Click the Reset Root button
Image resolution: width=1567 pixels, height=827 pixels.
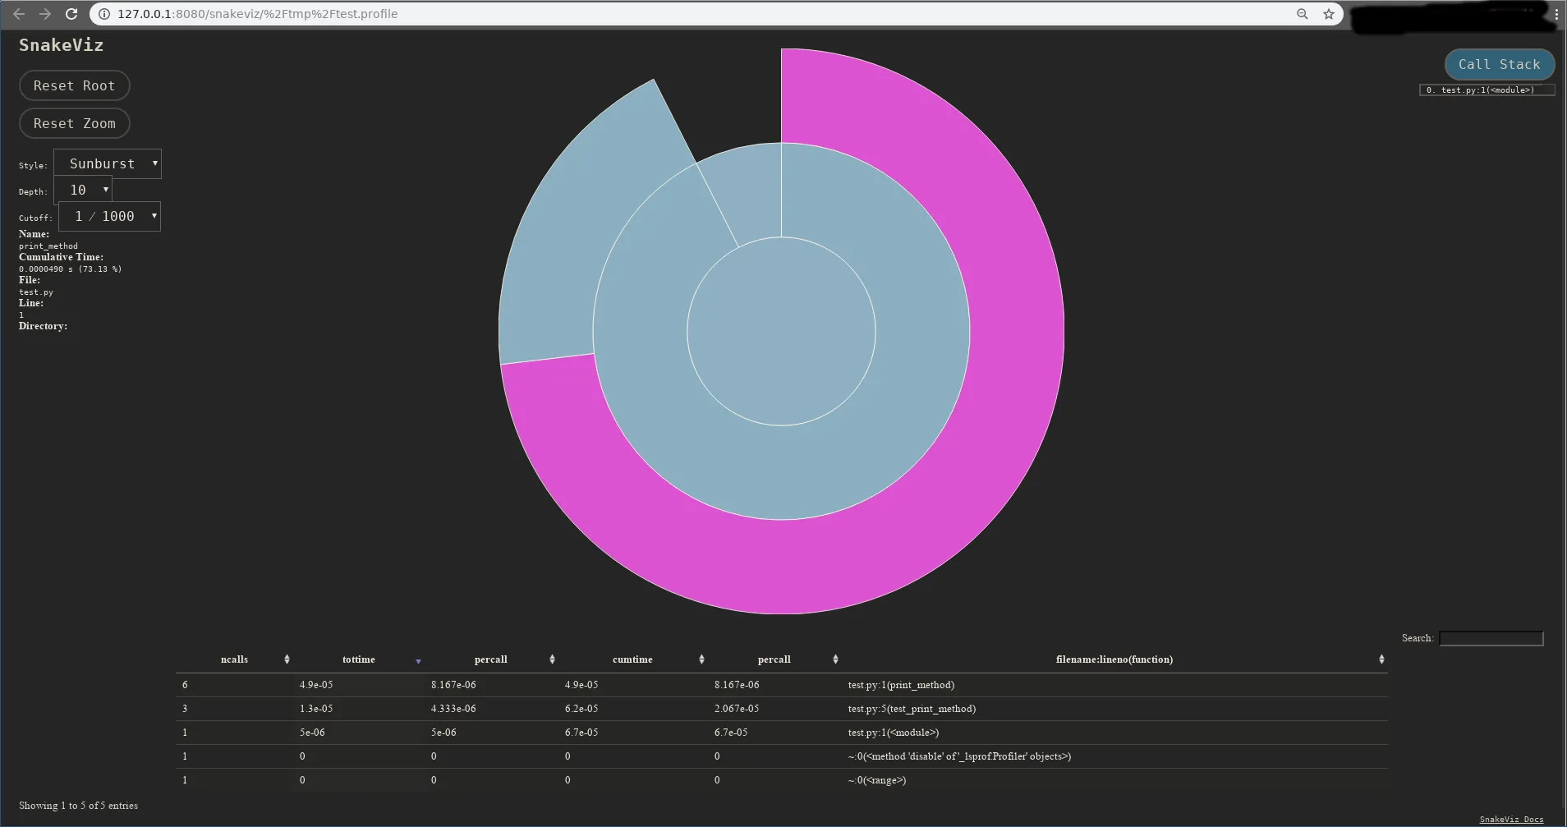click(x=74, y=85)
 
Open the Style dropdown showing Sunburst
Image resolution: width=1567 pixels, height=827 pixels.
click(x=108, y=163)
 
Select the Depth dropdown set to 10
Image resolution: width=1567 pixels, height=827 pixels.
click(x=83, y=190)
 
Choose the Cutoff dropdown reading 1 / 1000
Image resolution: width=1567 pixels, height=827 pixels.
click(x=109, y=216)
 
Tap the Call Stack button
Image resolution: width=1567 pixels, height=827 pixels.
click(x=1499, y=64)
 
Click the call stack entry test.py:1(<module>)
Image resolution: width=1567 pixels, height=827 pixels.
click(x=1487, y=90)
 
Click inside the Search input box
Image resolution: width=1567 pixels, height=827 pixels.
click(x=1491, y=638)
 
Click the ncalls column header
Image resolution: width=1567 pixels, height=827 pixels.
click(x=234, y=659)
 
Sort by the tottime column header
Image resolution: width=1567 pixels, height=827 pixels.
click(x=358, y=659)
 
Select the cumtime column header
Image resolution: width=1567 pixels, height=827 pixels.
click(x=632, y=659)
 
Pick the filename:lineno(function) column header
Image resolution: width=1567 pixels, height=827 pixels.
click(x=1114, y=659)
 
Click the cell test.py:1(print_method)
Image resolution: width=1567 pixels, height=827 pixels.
click(x=901, y=685)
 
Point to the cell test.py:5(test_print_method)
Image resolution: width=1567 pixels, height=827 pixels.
click(x=912, y=709)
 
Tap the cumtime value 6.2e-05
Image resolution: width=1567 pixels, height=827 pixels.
click(x=581, y=709)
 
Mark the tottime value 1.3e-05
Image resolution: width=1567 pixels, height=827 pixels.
click(x=316, y=709)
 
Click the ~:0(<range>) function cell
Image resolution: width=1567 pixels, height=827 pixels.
click(x=877, y=780)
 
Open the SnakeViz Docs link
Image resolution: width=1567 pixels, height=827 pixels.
click(x=1511, y=819)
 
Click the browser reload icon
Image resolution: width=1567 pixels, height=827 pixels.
click(x=71, y=14)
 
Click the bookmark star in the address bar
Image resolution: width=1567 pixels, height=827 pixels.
click(x=1329, y=14)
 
